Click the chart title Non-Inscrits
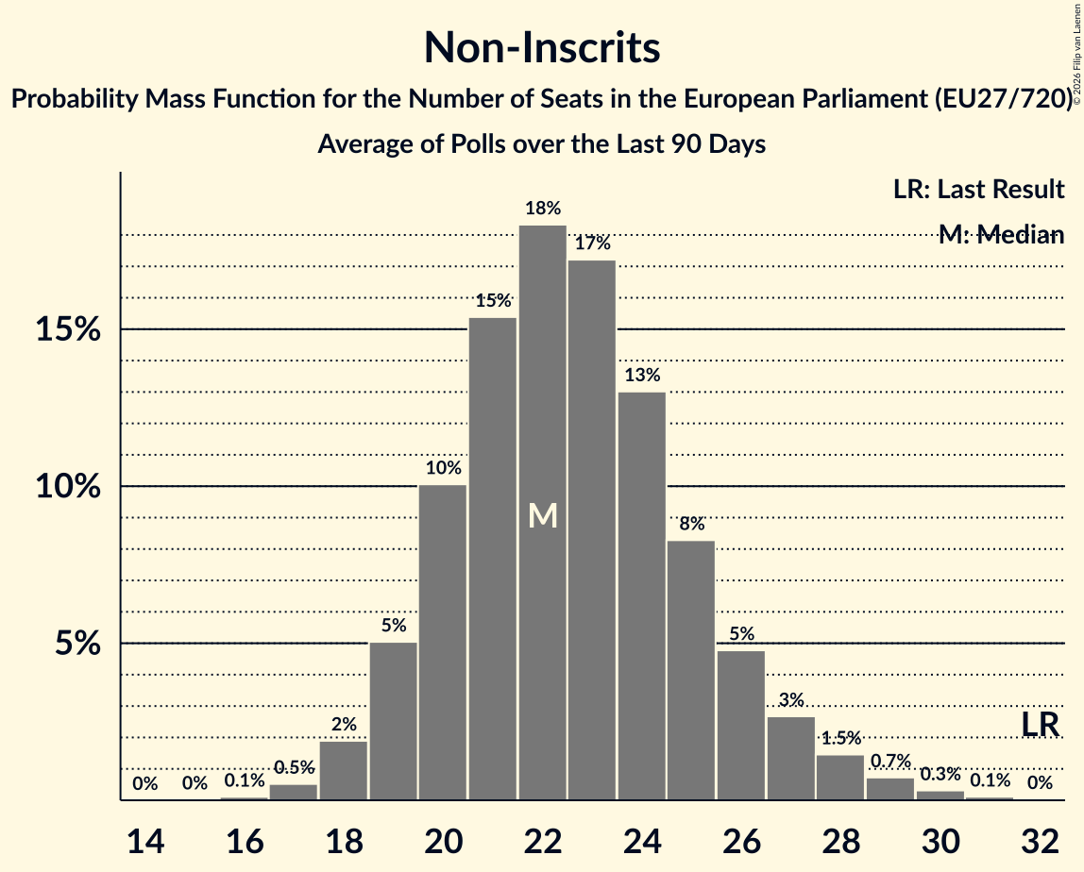(541, 47)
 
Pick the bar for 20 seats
(443, 643)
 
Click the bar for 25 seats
(691, 670)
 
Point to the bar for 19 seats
(393, 721)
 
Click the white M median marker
(542, 515)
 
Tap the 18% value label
(542, 209)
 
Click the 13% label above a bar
(642, 375)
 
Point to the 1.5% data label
(840, 738)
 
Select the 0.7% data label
(889, 761)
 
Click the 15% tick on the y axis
(67, 330)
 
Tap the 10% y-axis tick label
(67, 487)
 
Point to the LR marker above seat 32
(1040, 725)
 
